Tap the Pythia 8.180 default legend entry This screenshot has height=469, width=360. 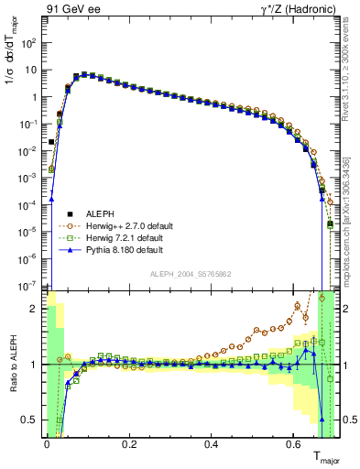pyautogui.click(x=123, y=249)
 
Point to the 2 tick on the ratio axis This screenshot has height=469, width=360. pyautogui.click(x=34, y=309)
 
